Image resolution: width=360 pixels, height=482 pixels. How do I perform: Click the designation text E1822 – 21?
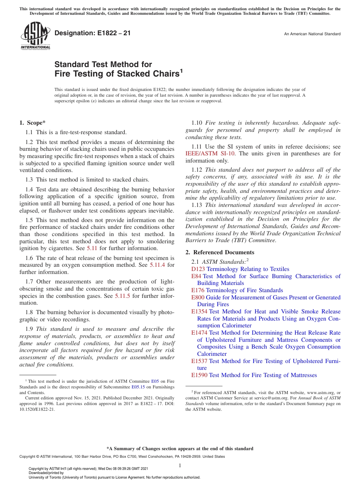point(92,33)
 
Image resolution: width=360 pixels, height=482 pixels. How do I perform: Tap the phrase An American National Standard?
point(312,34)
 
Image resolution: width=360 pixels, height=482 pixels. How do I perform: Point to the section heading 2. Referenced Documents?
point(220,252)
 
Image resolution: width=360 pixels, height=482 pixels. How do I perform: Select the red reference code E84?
point(196,276)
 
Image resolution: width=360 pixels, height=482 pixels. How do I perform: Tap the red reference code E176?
point(198,290)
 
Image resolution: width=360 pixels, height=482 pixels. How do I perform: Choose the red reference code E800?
point(198,297)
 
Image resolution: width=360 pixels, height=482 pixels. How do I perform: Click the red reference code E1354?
point(199,311)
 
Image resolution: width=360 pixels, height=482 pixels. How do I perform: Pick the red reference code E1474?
point(199,333)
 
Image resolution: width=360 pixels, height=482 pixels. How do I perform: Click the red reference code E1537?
point(199,361)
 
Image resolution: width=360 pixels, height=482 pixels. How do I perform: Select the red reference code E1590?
point(199,375)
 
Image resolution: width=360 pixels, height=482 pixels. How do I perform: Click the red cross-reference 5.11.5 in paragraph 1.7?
point(122,296)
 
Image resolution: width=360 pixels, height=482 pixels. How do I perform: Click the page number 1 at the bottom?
point(180,466)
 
